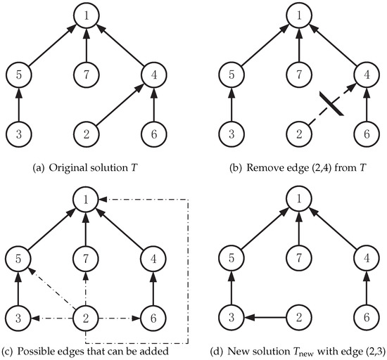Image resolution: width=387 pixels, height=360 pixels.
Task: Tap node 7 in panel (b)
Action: click(301, 73)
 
